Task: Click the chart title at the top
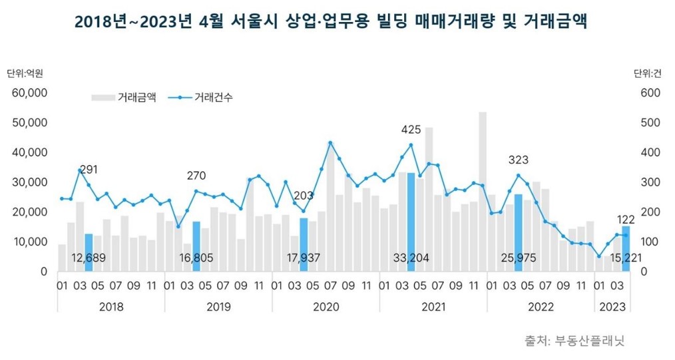point(331,21)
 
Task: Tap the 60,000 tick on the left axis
point(29,92)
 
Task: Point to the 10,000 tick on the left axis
point(29,242)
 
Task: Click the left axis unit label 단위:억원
point(25,73)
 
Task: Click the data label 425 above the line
point(411,129)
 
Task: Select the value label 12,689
point(89,258)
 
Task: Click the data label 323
point(518,160)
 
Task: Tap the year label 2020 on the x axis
point(326,307)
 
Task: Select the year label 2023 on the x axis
point(612,307)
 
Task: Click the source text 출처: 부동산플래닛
point(574,340)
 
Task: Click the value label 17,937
point(304,258)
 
